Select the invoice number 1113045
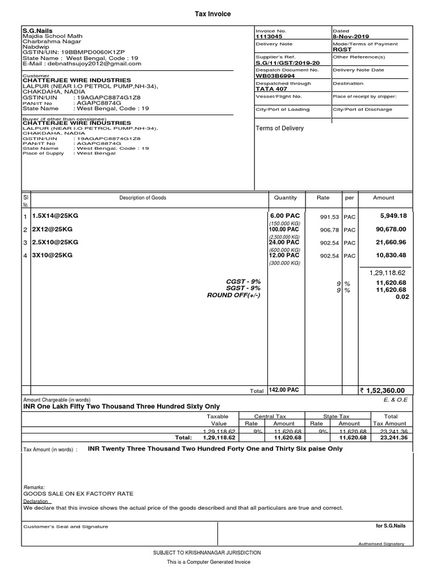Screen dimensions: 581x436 pyautogui.click(x=269, y=36)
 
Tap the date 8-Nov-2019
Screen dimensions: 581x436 pyautogui.click(x=352, y=36)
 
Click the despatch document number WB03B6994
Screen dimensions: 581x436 pyautogui.click(x=275, y=75)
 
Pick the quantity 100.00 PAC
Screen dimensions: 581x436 pyautogui.click(x=285, y=229)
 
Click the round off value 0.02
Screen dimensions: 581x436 pyautogui.click(x=401, y=296)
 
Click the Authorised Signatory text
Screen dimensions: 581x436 pyautogui.click(x=381, y=544)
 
